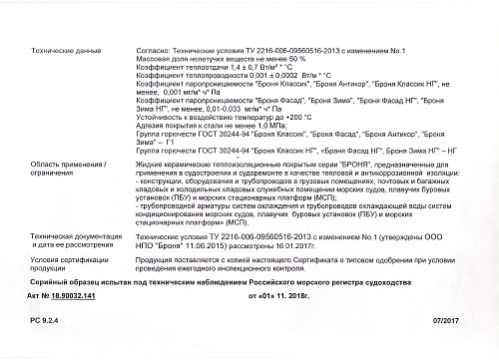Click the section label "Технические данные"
click(62, 47)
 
